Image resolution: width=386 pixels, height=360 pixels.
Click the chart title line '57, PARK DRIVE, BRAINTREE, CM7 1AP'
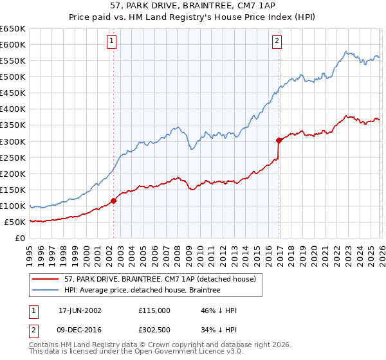(x=193, y=6)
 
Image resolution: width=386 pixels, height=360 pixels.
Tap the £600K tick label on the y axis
(x=13, y=44)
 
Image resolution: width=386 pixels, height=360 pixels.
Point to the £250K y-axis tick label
(x=13, y=157)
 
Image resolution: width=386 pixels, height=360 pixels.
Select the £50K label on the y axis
(x=15, y=222)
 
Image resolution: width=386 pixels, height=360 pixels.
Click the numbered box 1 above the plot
(x=111, y=41)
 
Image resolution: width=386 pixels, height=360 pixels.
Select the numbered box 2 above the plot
(x=277, y=41)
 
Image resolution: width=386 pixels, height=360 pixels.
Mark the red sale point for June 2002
(x=114, y=201)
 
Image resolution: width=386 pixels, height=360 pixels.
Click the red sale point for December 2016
(x=279, y=140)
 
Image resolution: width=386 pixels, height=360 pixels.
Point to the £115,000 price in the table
(x=154, y=310)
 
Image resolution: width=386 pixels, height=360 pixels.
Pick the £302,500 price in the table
(x=154, y=330)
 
